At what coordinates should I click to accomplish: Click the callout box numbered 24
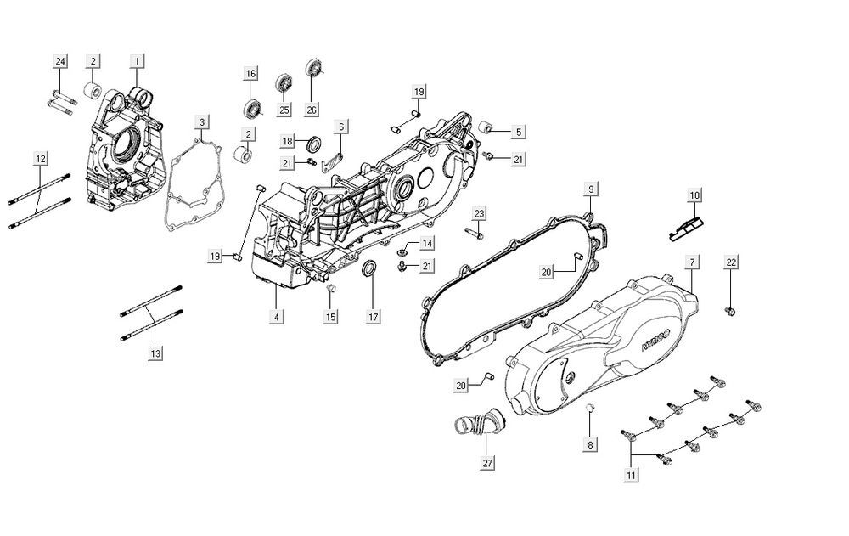click(x=60, y=61)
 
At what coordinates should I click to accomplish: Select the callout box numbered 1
click(x=138, y=61)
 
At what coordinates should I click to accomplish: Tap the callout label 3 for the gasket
click(x=201, y=122)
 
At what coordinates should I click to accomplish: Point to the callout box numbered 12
click(x=41, y=158)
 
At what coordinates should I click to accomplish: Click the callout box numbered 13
click(x=154, y=353)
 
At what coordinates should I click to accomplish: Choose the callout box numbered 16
click(x=251, y=74)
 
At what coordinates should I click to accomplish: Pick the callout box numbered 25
click(x=284, y=110)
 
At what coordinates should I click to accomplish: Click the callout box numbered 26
click(x=312, y=110)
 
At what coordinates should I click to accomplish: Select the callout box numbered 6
click(x=341, y=127)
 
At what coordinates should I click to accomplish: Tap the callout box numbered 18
click(x=288, y=141)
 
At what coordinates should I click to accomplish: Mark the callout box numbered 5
click(x=519, y=132)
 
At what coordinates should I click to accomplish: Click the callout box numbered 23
click(x=479, y=212)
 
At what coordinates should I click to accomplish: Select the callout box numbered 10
click(x=694, y=195)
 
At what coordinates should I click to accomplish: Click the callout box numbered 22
click(x=731, y=262)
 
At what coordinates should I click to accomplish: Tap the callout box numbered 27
click(x=486, y=464)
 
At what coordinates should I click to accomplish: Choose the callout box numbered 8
click(x=590, y=443)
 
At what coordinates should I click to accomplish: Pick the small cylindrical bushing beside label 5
click(x=488, y=128)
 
